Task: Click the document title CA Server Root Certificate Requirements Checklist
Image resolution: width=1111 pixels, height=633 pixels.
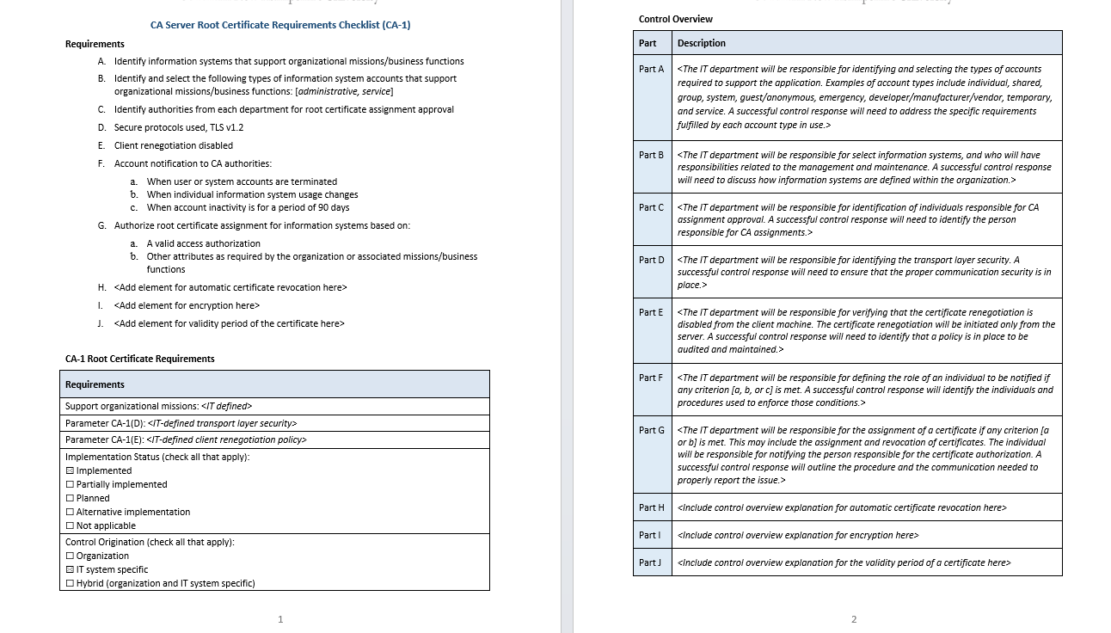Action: pyautogui.click(x=280, y=25)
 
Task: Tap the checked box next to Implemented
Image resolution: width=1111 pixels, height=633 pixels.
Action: pyautogui.click(x=70, y=471)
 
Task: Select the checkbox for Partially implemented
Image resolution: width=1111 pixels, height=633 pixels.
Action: pyautogui.click(x=70, y=485)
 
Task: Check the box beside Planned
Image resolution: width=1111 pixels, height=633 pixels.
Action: pyautogui.click(x=70, y=499)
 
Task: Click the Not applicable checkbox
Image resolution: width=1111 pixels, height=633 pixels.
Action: pyautogui.click(x=70, y=526)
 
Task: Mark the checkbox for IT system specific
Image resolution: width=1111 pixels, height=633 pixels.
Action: pyautogui.click(x=70, y=570)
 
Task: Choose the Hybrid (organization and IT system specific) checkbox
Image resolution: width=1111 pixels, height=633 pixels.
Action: pyautogui.click(x=70, y=584)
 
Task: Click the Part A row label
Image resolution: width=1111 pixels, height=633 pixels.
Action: pyautogui.click(x=651, y=69)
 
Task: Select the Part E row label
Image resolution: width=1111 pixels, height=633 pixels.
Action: pyautogui.click(x=651, y=312)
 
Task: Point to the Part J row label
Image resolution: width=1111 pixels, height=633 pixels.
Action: pyautogui.click(x=650, y=562)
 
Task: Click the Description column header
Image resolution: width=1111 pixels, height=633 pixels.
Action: pyautogui.click(x=701, y=43)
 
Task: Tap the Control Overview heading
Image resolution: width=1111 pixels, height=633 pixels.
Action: pyautogui.click(x=675, y=19)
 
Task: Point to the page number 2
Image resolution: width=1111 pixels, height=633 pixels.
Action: pyautogui.click(x=854, y=619)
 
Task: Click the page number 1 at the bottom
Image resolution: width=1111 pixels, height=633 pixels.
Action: pyautogui.click(x=280, y=619)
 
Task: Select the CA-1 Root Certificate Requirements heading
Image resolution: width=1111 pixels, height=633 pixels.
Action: pyautogui.click(x=140, y=359)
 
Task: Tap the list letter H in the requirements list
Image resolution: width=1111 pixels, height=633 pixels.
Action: pyautogui.click(x=101, y=287)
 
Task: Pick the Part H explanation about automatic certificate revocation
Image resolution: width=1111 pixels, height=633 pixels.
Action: pyautogui.click(x=842, y=507)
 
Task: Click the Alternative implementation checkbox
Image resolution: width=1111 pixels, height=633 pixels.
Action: pyautogui.click(x=70, y=513)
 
